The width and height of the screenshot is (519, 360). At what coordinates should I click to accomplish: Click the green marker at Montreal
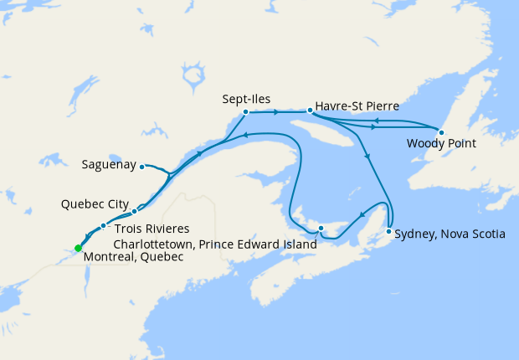click(x=78, y=248)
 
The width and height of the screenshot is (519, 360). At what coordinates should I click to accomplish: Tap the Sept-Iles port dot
click(x=245, y=112)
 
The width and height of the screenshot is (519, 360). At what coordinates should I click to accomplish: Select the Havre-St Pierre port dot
click(x=310, y=111)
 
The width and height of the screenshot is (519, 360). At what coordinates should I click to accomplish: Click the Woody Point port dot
click(x=441, y=132)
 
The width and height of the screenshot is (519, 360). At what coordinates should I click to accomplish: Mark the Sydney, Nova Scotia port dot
click(x=388, y=231)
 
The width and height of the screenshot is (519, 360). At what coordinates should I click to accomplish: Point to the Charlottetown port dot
click(x=321, y=229)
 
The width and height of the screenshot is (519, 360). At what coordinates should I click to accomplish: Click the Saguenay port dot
click(x=142, y=166)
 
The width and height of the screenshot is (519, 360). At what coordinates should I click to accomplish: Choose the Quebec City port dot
click(x=134, y=211)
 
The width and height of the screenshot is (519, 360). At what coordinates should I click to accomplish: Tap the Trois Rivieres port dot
click(x=103, y=226)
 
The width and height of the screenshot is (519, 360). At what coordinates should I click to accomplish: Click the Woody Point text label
click(x=441, y=144)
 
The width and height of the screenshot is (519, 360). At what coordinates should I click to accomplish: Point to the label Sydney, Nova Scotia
click(x=450, y=234)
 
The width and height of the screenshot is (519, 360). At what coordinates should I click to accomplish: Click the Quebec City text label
click(x=95, y=203)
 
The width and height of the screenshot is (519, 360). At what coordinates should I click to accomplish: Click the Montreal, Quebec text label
click(x=134, y=257)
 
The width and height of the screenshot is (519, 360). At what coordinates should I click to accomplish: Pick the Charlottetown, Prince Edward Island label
click(x=215, y=244)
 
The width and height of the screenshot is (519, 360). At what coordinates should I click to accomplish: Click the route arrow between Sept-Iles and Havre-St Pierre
click(x=276, y=111)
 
